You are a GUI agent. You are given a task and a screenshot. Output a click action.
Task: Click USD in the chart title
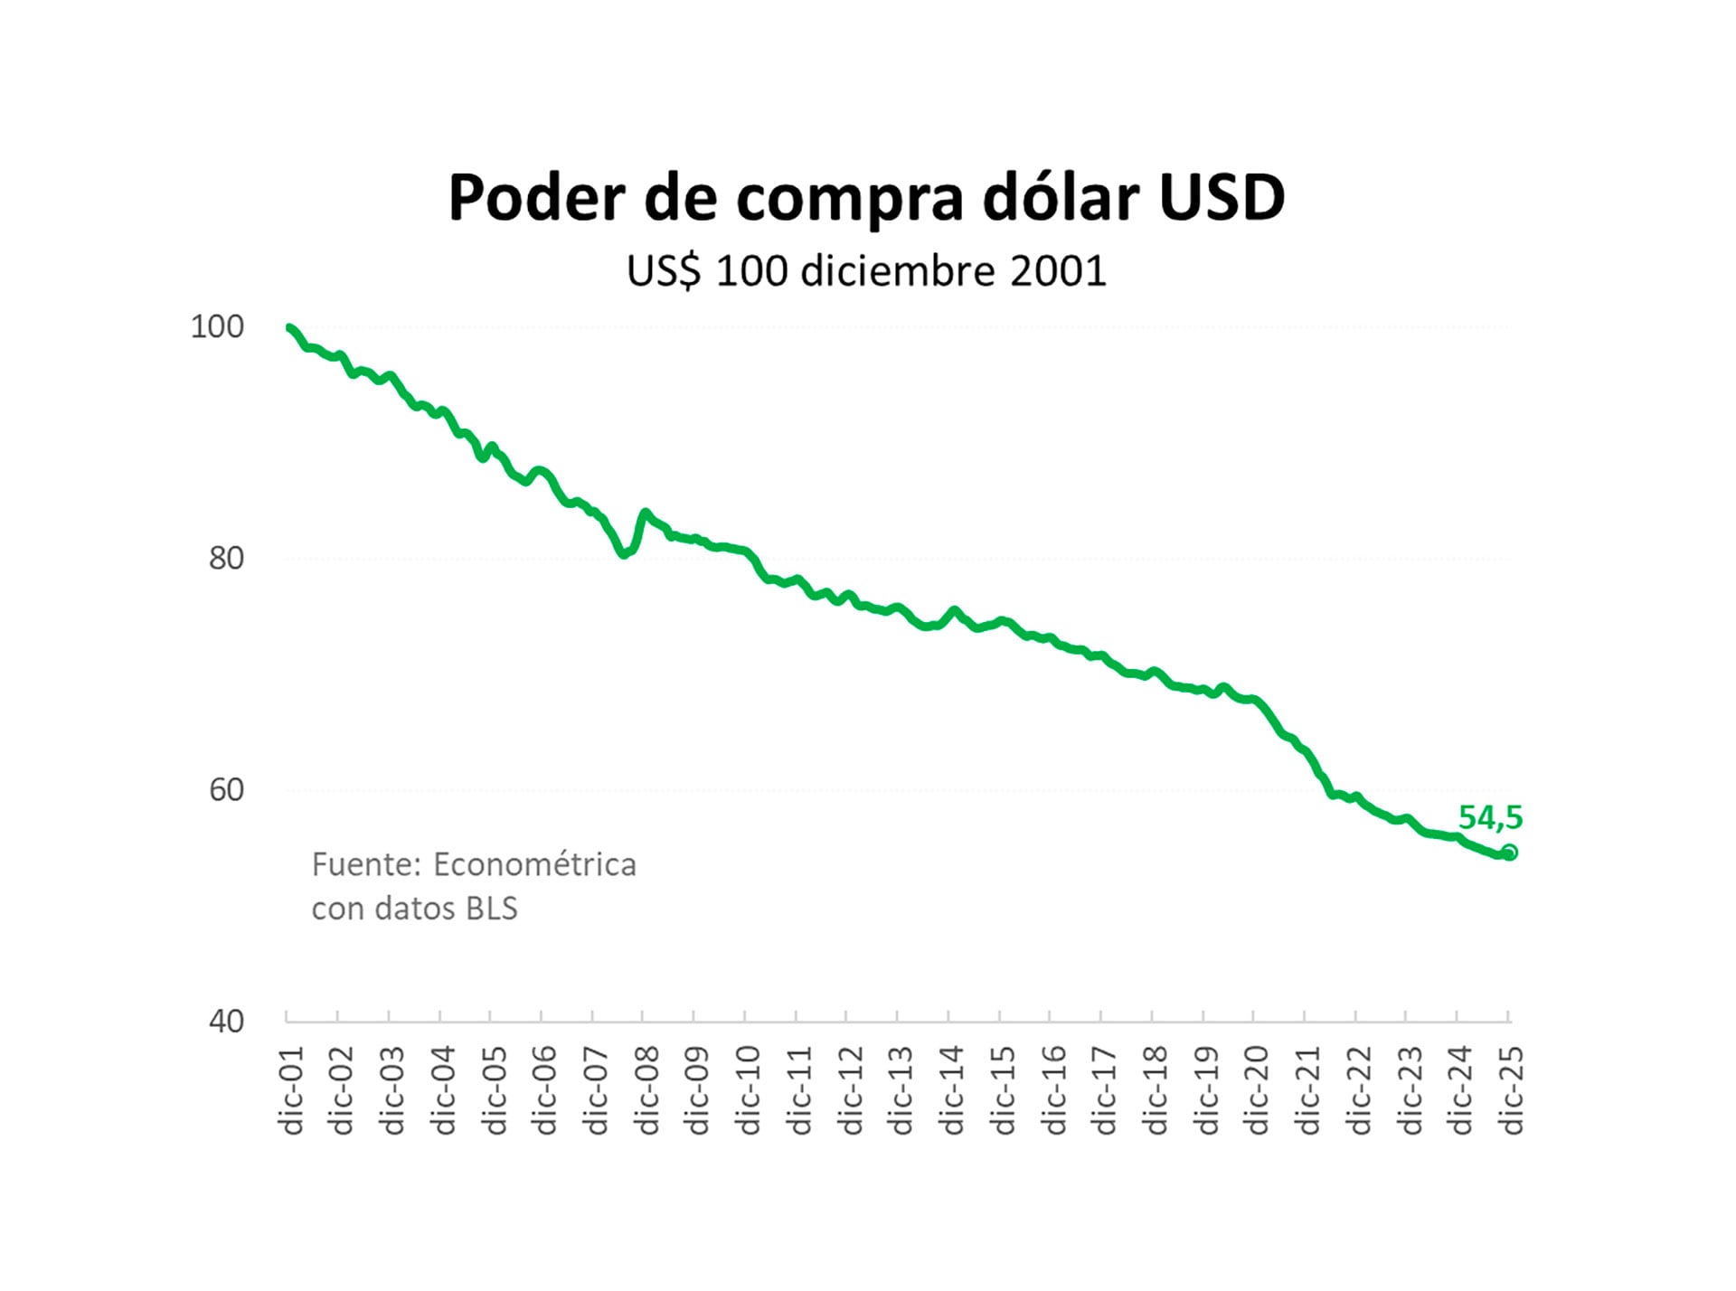1222,197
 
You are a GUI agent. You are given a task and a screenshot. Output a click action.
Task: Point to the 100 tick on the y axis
217,326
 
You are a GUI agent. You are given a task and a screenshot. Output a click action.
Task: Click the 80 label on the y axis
226,558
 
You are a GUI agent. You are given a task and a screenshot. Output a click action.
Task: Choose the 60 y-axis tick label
226,789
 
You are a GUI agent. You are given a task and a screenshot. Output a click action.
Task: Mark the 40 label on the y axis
226,1021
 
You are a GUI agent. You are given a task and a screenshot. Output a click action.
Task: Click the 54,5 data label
1490,817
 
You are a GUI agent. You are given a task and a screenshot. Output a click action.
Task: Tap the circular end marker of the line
1509,853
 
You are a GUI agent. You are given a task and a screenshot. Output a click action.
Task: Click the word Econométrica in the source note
534,864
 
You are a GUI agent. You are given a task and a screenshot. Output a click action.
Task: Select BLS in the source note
491,908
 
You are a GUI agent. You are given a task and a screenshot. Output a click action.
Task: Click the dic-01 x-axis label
291,1090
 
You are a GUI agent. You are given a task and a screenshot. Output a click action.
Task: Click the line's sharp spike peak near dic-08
645,513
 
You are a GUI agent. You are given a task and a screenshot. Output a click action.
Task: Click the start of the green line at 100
288,327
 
